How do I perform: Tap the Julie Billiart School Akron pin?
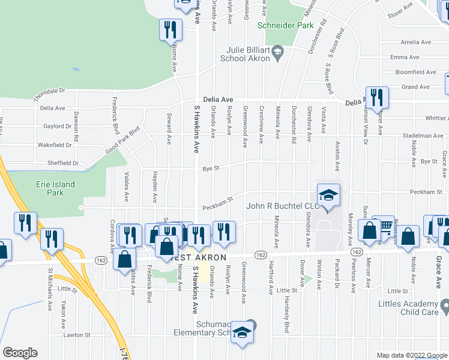point(277,54)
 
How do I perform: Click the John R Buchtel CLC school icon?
point(328,196)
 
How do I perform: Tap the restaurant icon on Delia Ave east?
point(377,98)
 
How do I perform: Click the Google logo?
point(20,353)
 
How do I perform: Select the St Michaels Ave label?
point(49,291)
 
